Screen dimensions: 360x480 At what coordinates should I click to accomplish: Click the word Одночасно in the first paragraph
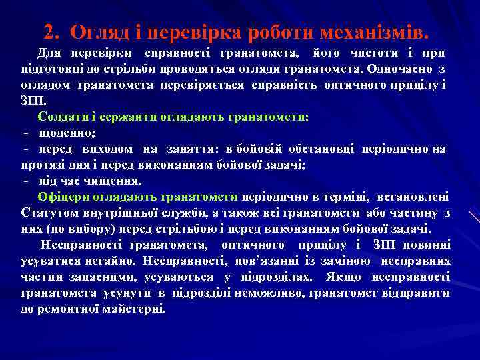click(x=404, y=69)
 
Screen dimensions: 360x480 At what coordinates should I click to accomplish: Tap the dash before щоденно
click(x=26, y=132)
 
